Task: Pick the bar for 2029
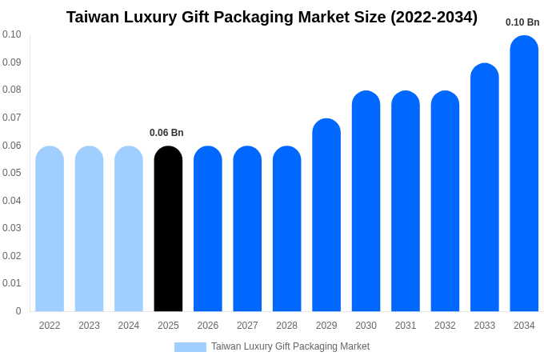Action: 326,215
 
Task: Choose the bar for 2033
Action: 484,187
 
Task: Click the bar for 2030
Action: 366,202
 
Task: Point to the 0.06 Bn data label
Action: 166,133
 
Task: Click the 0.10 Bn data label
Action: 522,22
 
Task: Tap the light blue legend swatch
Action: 190,347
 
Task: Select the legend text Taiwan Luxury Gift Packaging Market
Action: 290,346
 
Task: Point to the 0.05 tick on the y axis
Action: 12,173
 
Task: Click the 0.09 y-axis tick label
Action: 12,62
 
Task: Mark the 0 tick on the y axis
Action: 18,311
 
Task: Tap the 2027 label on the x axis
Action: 247,326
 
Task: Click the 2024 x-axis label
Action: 129,326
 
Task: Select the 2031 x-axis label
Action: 406,326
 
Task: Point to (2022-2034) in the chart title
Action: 434,17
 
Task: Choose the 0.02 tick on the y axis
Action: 12,256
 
